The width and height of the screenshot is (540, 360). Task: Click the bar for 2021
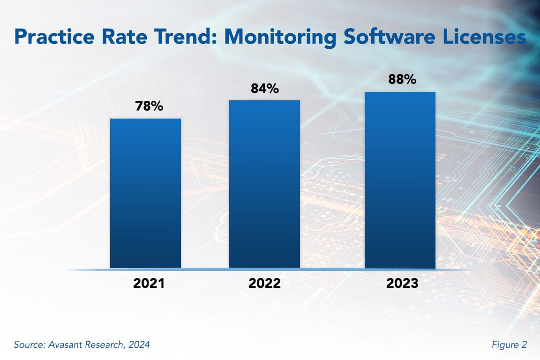145,193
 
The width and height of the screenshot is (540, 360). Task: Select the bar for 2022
264,184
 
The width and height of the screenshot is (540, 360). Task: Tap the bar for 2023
400,180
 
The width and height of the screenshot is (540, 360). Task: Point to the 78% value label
149,106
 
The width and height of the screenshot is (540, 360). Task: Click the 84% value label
265,88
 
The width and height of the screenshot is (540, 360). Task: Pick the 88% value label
402,79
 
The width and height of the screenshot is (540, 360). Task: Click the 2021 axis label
149,284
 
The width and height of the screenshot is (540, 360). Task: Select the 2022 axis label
265,284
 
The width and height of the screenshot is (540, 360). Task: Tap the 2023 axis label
402,284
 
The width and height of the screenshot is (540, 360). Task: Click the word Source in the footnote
28,345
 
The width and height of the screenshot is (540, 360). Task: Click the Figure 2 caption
509,345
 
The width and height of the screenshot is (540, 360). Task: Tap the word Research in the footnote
104,345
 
